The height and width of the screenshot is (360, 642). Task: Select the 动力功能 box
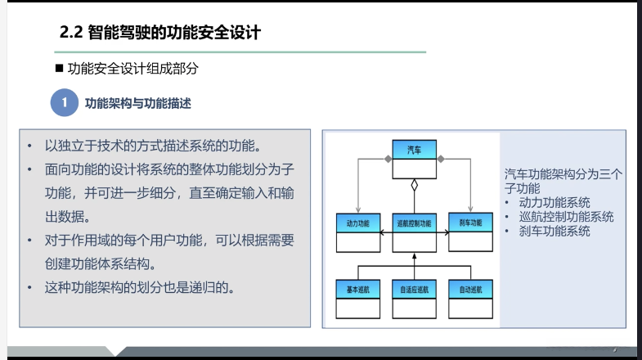358,231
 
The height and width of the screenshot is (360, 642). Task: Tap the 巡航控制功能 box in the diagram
414,231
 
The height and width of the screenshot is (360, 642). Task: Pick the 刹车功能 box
470,231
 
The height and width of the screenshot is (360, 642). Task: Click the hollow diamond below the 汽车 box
415,185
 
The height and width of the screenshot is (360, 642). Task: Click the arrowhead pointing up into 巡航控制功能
415,256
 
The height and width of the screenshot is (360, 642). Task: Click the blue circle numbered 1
64,104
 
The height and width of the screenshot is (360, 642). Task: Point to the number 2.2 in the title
72,34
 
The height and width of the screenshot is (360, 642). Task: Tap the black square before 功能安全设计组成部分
59,70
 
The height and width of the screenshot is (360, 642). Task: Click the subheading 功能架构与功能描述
137,104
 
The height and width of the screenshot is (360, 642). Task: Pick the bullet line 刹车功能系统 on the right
553,231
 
